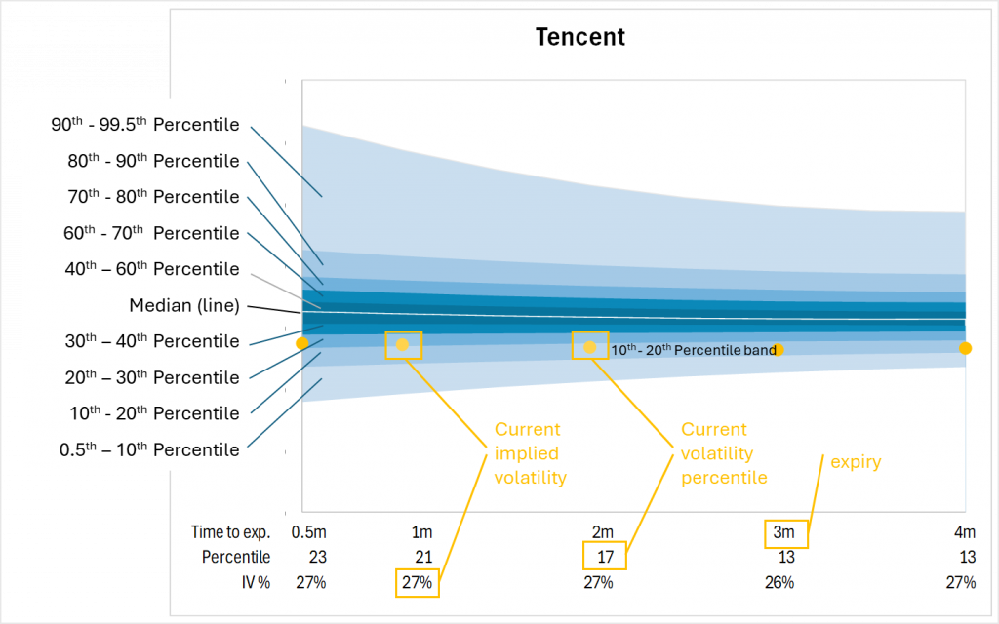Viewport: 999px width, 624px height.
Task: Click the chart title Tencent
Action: (x=579, y=38)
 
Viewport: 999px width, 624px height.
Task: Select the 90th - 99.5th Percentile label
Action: (x=145, y=125)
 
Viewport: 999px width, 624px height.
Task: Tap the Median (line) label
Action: (x=184, y=305)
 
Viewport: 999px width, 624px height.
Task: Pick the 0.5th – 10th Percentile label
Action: (x=145, y=449)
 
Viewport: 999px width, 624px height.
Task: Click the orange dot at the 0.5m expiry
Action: (x=302, y=343)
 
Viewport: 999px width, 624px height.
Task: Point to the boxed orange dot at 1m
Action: (x=402, y=345)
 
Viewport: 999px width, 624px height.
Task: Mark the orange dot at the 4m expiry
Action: (x=965, y=348)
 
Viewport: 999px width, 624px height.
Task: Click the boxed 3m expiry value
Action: (x=786, y=532)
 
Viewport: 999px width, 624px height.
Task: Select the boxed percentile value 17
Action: (x=604, y=557)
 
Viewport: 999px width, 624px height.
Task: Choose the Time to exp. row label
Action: (x=230, y=532)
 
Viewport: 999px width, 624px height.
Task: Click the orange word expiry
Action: (x=856, y=462)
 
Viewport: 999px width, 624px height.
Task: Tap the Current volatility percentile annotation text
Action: (x=724, y=453)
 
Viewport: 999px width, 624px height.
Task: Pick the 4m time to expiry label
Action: (x=964, y=532)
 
